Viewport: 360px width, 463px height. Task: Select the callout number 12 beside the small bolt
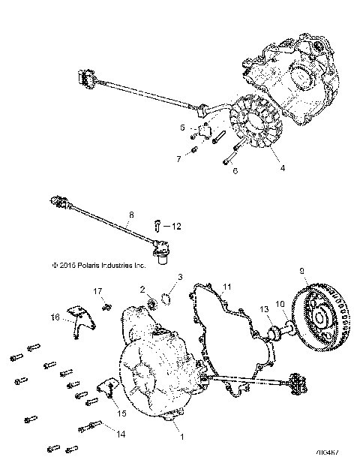[x=177, y=225]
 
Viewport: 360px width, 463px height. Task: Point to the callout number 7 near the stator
[x=178, y=158]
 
